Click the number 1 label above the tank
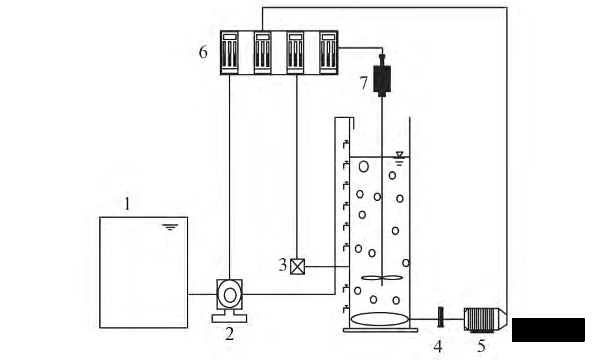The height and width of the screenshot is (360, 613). [128, 204]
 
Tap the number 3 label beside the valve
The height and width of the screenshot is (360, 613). [282, 265]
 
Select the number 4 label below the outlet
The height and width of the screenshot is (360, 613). [438, 346]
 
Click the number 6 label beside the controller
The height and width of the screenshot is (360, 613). [203, 53]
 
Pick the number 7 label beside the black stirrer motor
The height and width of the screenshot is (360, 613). [364, 82]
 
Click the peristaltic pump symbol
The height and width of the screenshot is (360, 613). [230, 295]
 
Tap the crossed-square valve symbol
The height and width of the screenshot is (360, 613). [298, 266]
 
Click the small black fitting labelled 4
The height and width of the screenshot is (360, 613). [440, 317]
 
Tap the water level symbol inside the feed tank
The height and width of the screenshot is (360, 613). [171, 227]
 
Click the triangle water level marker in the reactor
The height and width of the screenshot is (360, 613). [400, 156]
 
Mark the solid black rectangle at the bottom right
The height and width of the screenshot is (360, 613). [548, 330]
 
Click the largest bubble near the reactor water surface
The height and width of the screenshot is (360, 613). [364, 166]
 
